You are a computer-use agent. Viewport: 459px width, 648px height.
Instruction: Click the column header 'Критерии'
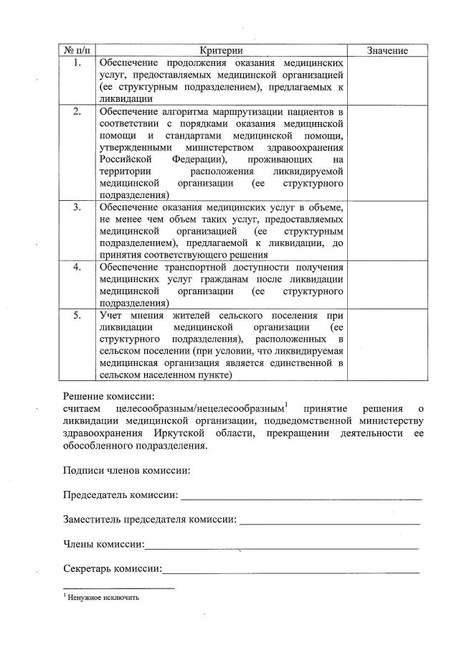tap(222, 50)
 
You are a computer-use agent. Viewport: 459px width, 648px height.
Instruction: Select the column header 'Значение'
tap(387, 50)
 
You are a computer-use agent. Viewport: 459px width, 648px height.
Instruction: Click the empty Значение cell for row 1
tap(387, 80)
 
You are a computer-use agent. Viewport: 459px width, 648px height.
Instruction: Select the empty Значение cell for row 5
tap(387, 344)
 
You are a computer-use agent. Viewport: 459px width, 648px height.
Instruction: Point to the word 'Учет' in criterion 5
tap(111, 315)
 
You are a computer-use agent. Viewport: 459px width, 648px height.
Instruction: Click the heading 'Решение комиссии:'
tap(108, 395)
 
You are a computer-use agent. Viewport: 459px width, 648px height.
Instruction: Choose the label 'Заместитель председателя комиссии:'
tap(149, 520)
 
